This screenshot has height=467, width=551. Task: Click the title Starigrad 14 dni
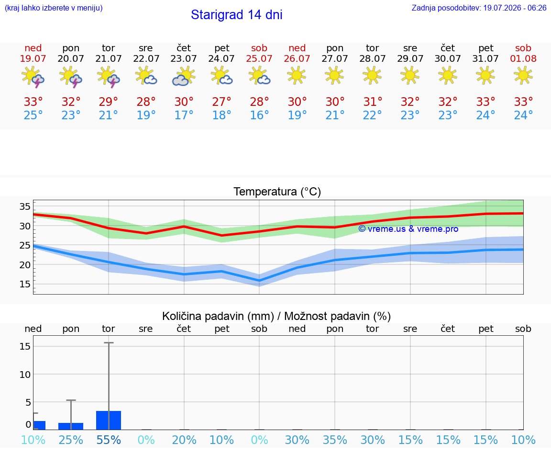click(x=236, y=15)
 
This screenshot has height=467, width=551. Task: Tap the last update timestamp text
click(x=479, y=8)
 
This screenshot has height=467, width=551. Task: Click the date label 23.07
click(x=184, y=58)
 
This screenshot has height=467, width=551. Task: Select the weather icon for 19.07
click(x=33, y=77)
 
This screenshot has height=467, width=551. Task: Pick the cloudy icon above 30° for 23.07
click(x=184, y=77)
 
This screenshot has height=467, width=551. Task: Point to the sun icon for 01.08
click(x=523, y=76)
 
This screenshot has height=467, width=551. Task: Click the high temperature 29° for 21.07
click(x=108, y=102)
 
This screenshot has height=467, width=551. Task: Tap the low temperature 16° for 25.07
click(x=259, y=115)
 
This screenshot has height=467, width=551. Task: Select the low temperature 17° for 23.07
click(x=184, y=115)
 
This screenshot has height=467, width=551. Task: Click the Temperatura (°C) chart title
click(x=277, y=192)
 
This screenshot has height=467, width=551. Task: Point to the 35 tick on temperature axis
click(x=25, y=206)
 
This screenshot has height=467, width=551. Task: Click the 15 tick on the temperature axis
click(x=25, y=284)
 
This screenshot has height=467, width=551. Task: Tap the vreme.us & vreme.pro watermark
click(x=408, y=229)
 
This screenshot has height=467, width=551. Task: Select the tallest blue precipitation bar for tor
click(x=109, y=420)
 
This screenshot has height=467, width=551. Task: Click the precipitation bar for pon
click(x=71, y=426)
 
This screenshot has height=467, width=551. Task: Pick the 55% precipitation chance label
click(x=109, y=440)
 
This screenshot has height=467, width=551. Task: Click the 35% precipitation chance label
click(x=335, y=440)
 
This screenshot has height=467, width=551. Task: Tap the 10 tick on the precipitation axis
click(x=25, y=375)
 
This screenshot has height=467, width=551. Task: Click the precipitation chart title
click(x=276, y=316)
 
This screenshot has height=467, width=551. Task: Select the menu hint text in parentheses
click(x=54, y=8)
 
